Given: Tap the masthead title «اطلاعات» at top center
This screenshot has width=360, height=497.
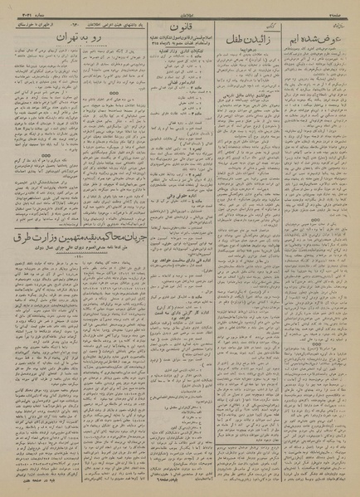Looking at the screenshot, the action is (179, 11).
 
